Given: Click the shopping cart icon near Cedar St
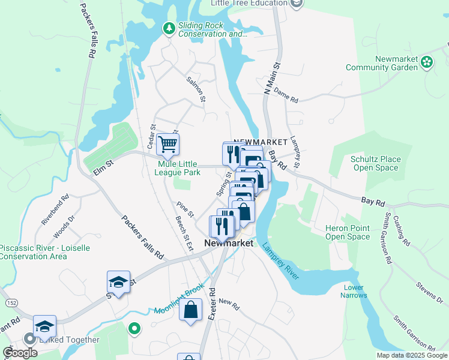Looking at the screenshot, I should click(168, 144).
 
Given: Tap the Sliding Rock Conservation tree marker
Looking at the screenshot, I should click(169, 28).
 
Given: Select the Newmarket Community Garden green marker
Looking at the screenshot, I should click(427, 61).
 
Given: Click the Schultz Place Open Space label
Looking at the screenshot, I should click(376, 163).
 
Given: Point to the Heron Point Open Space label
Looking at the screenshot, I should click(348, 232).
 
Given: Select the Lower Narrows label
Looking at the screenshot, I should click(353, 291).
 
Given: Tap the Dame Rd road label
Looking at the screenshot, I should click(286, 96).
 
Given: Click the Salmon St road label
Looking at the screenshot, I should click(196, 89).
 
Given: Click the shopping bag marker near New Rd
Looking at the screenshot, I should click(190, 311).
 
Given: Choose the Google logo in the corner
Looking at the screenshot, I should click(20, 353).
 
